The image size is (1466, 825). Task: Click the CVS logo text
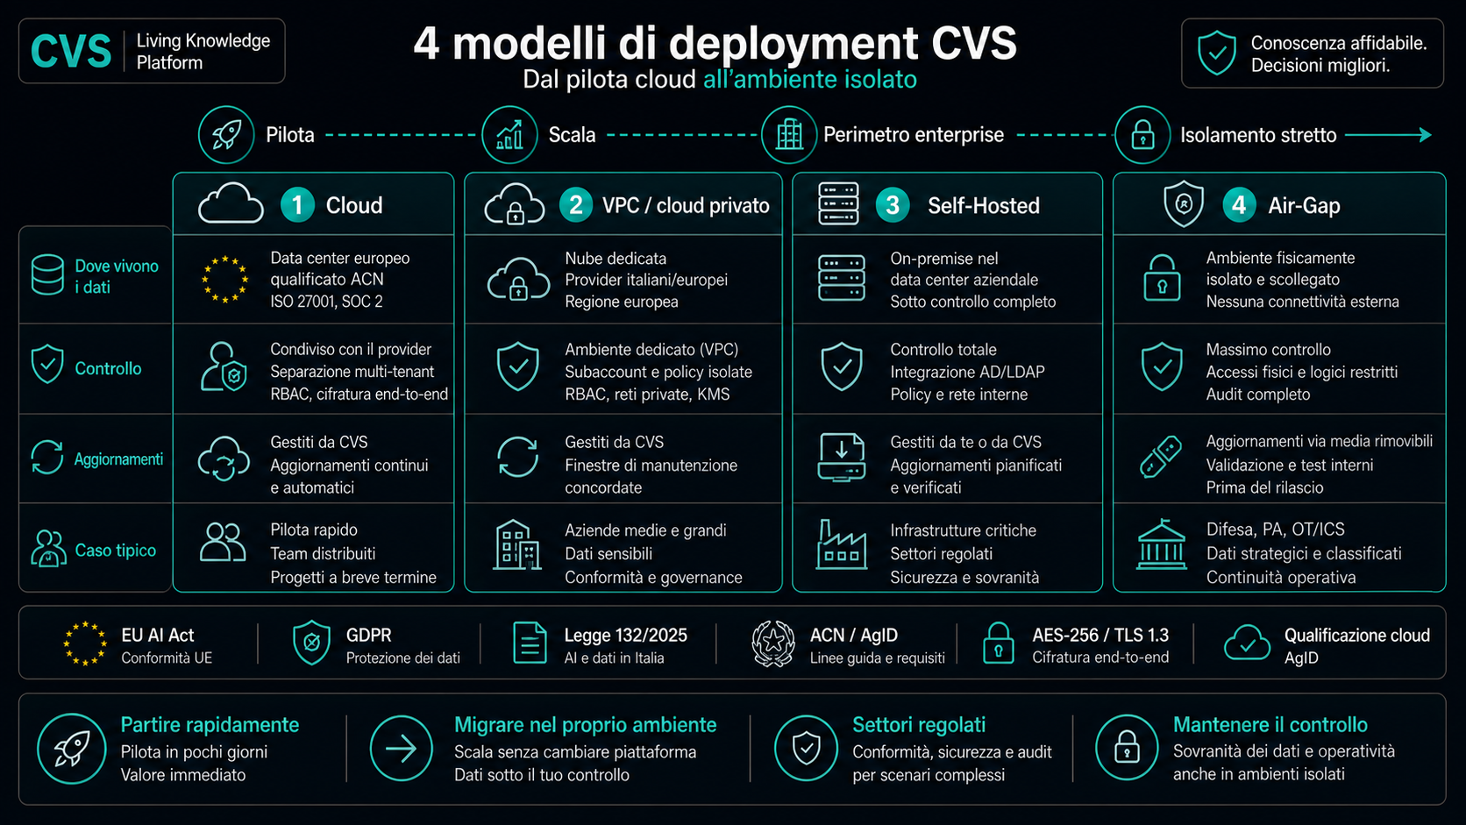click(x=71, y=51)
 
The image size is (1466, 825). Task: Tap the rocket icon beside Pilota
click(x=226, y=135)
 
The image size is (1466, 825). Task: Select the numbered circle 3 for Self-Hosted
click(x=892, y=205)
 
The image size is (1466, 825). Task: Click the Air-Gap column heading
click(x=1304, y=205)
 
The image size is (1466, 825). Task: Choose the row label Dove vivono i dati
click(x=117, y=276)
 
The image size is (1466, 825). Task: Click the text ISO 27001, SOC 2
click(x=326, y=302)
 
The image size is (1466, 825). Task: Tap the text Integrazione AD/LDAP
click(x=967, y=372)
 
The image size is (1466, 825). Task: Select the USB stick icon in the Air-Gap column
click(x=1160, y=457)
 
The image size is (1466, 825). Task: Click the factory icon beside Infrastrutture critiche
click(x=842, y=544)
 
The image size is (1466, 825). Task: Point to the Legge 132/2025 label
click(x=626, y=636)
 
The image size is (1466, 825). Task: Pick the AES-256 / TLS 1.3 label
click(x=1100, y=636)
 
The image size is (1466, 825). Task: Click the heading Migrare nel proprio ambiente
click(x=585, y=725)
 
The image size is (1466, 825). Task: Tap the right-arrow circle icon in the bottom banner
click(x=402, y=749)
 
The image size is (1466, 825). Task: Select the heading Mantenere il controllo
click(x=1270, y=725)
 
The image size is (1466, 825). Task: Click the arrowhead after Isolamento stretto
click(x=1424, y=135)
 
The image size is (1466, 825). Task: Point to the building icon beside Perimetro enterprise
click(x=789, y=135)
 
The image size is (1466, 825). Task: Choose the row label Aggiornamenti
click(x=118, y=459)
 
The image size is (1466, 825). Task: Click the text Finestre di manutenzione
click(x=651, y=466)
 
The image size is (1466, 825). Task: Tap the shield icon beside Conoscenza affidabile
click(x=1217, y=53)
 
